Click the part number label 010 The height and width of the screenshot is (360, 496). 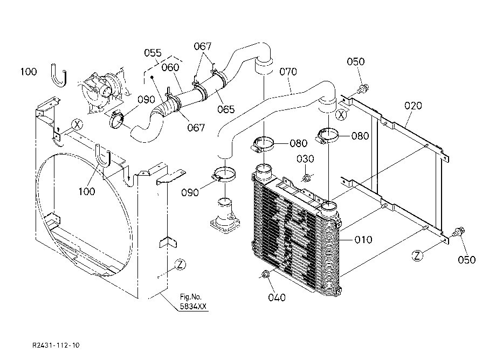[x=363, y=240]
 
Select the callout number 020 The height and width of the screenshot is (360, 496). [x=413, y=106]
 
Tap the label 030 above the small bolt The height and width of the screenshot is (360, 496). [x=305, y=158]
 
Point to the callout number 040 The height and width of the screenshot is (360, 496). [x=277, y=297]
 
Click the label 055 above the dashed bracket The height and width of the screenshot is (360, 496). [x=153, y=53]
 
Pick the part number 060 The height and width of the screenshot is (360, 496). [x=170, y=67]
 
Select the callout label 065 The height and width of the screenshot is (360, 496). [x=226, y=109]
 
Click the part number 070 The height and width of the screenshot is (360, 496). [x=288, y=72]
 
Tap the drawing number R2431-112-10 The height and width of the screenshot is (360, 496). [x=56, y=345]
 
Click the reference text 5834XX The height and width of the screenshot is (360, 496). [x=193, y=306]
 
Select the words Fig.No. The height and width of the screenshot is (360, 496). [x=191, y=297]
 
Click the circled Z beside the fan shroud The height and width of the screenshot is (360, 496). [x=180, y=265]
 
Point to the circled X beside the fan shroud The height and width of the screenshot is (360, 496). [x=77, y=124]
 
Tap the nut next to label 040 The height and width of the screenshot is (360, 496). [x=265, y=274]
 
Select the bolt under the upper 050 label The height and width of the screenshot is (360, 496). [x=363, y=88]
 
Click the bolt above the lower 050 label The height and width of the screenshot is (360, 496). [x=459, y=232]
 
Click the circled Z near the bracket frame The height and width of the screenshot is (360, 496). [x=417, y=255]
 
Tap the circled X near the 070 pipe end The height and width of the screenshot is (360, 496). [x=341, y=115]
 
